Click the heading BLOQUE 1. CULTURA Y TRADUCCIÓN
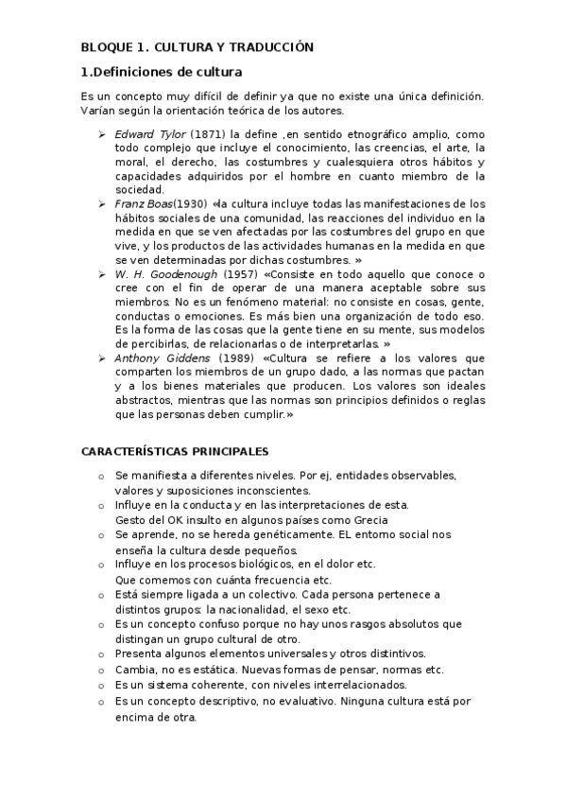(196, 47)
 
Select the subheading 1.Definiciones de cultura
(162, 72)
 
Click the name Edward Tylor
(150, 134)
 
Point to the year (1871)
(207, 134)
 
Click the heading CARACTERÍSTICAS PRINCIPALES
(175, 451)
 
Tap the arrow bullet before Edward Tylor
(102, 134)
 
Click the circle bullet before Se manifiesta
(101, 475)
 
